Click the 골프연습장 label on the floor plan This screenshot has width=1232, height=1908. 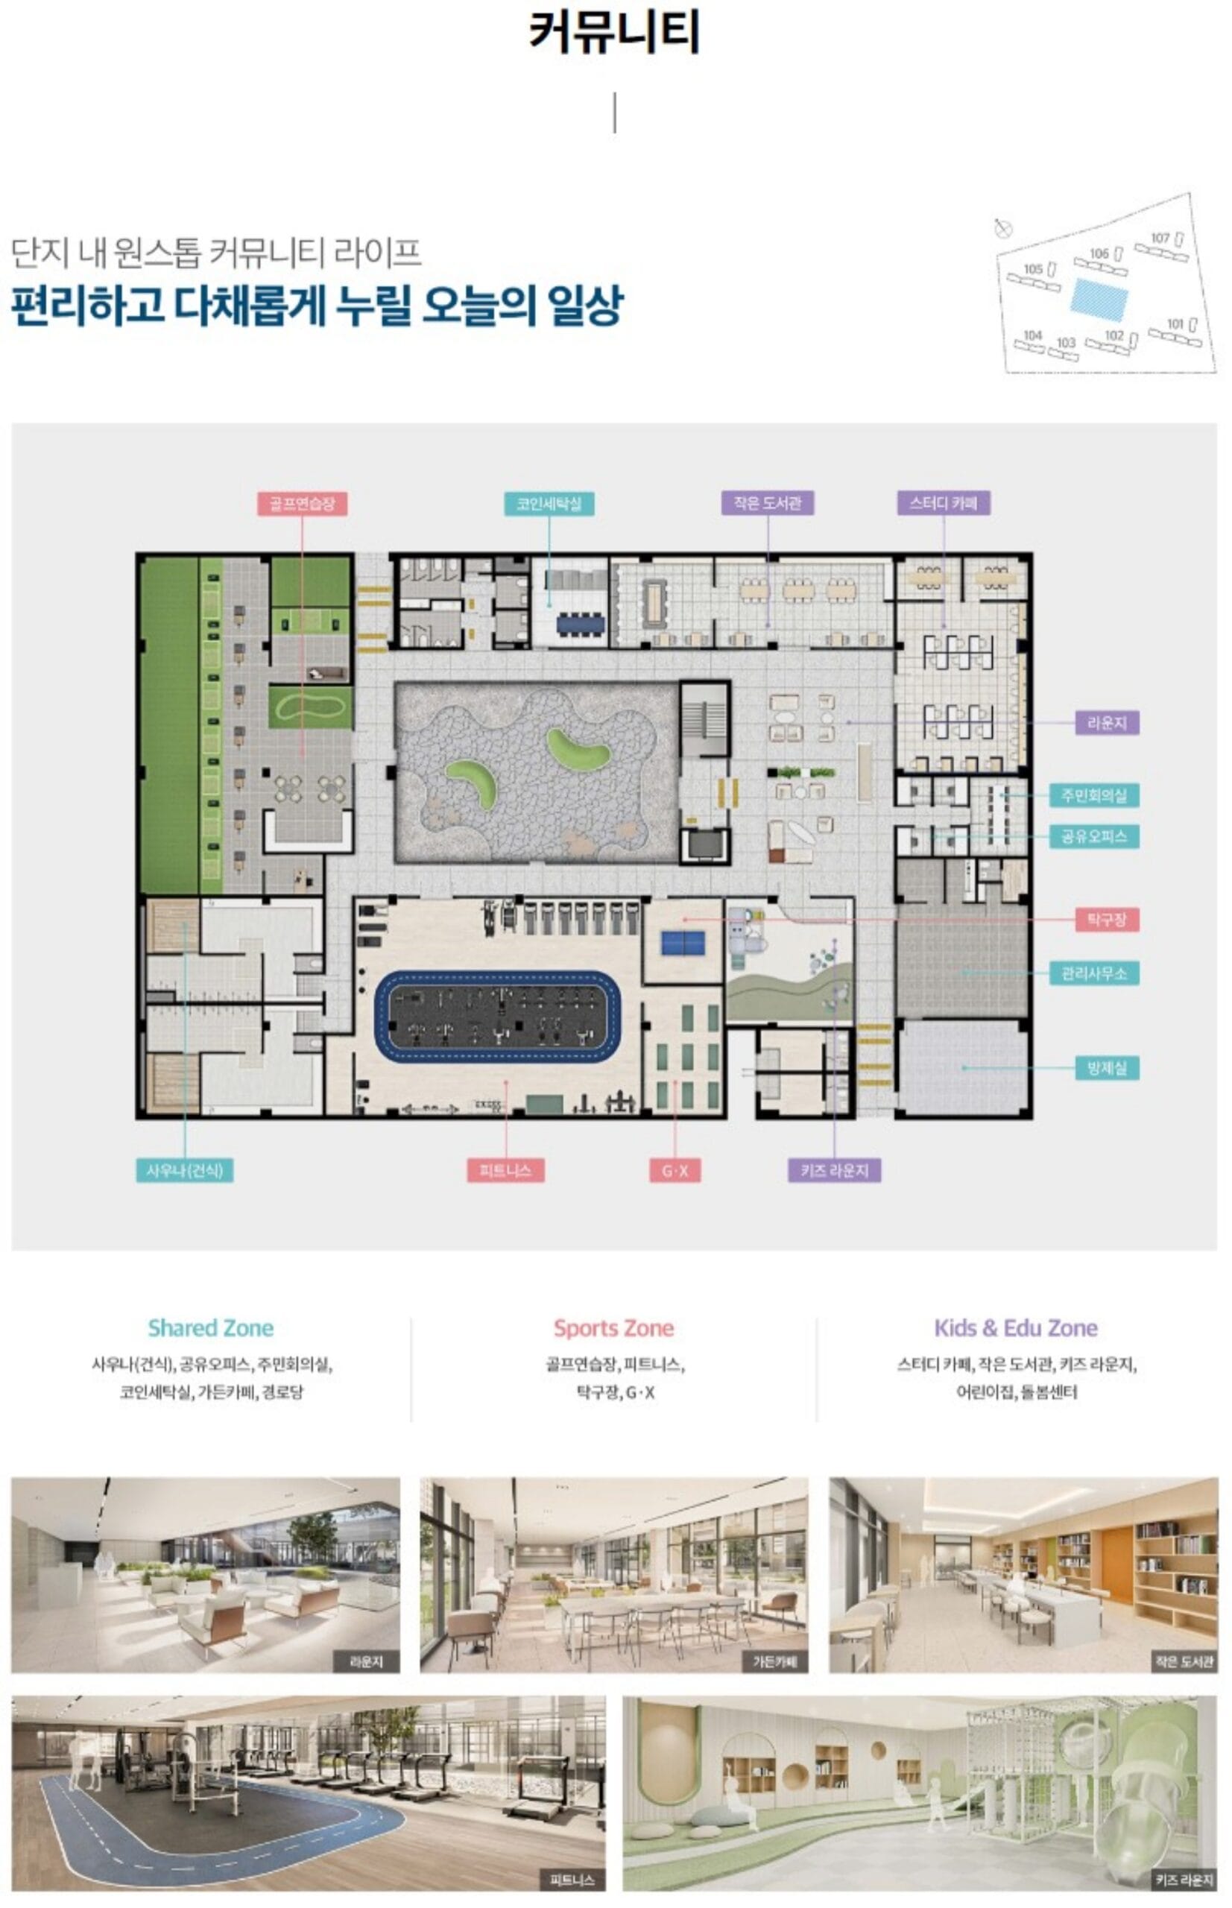point(302,503)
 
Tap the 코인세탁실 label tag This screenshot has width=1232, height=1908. point(549,503)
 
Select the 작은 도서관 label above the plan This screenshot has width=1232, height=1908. point(767,502)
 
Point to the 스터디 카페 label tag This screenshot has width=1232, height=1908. point(944,502)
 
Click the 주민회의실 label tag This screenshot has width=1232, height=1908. point(1093,795)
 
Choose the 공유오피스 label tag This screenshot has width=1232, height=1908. point(1093,837)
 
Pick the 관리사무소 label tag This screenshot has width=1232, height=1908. point(1093,973)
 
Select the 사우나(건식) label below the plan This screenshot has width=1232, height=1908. point(184,1170)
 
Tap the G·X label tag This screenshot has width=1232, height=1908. point(675,1171)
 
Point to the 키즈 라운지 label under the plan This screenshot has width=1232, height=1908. point(835,1170)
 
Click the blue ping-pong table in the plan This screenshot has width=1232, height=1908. point(683,942)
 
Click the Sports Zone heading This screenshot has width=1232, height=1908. point(613,1328)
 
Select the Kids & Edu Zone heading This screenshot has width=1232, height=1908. point(1016,1328)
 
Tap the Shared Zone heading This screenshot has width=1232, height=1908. point(210,1328)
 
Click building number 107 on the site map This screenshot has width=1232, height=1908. point(1160,238)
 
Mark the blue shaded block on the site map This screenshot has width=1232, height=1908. point(1100,300)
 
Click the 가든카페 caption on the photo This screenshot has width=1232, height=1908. point(774,1661)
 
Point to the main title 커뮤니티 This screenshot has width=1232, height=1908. point(614,32)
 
